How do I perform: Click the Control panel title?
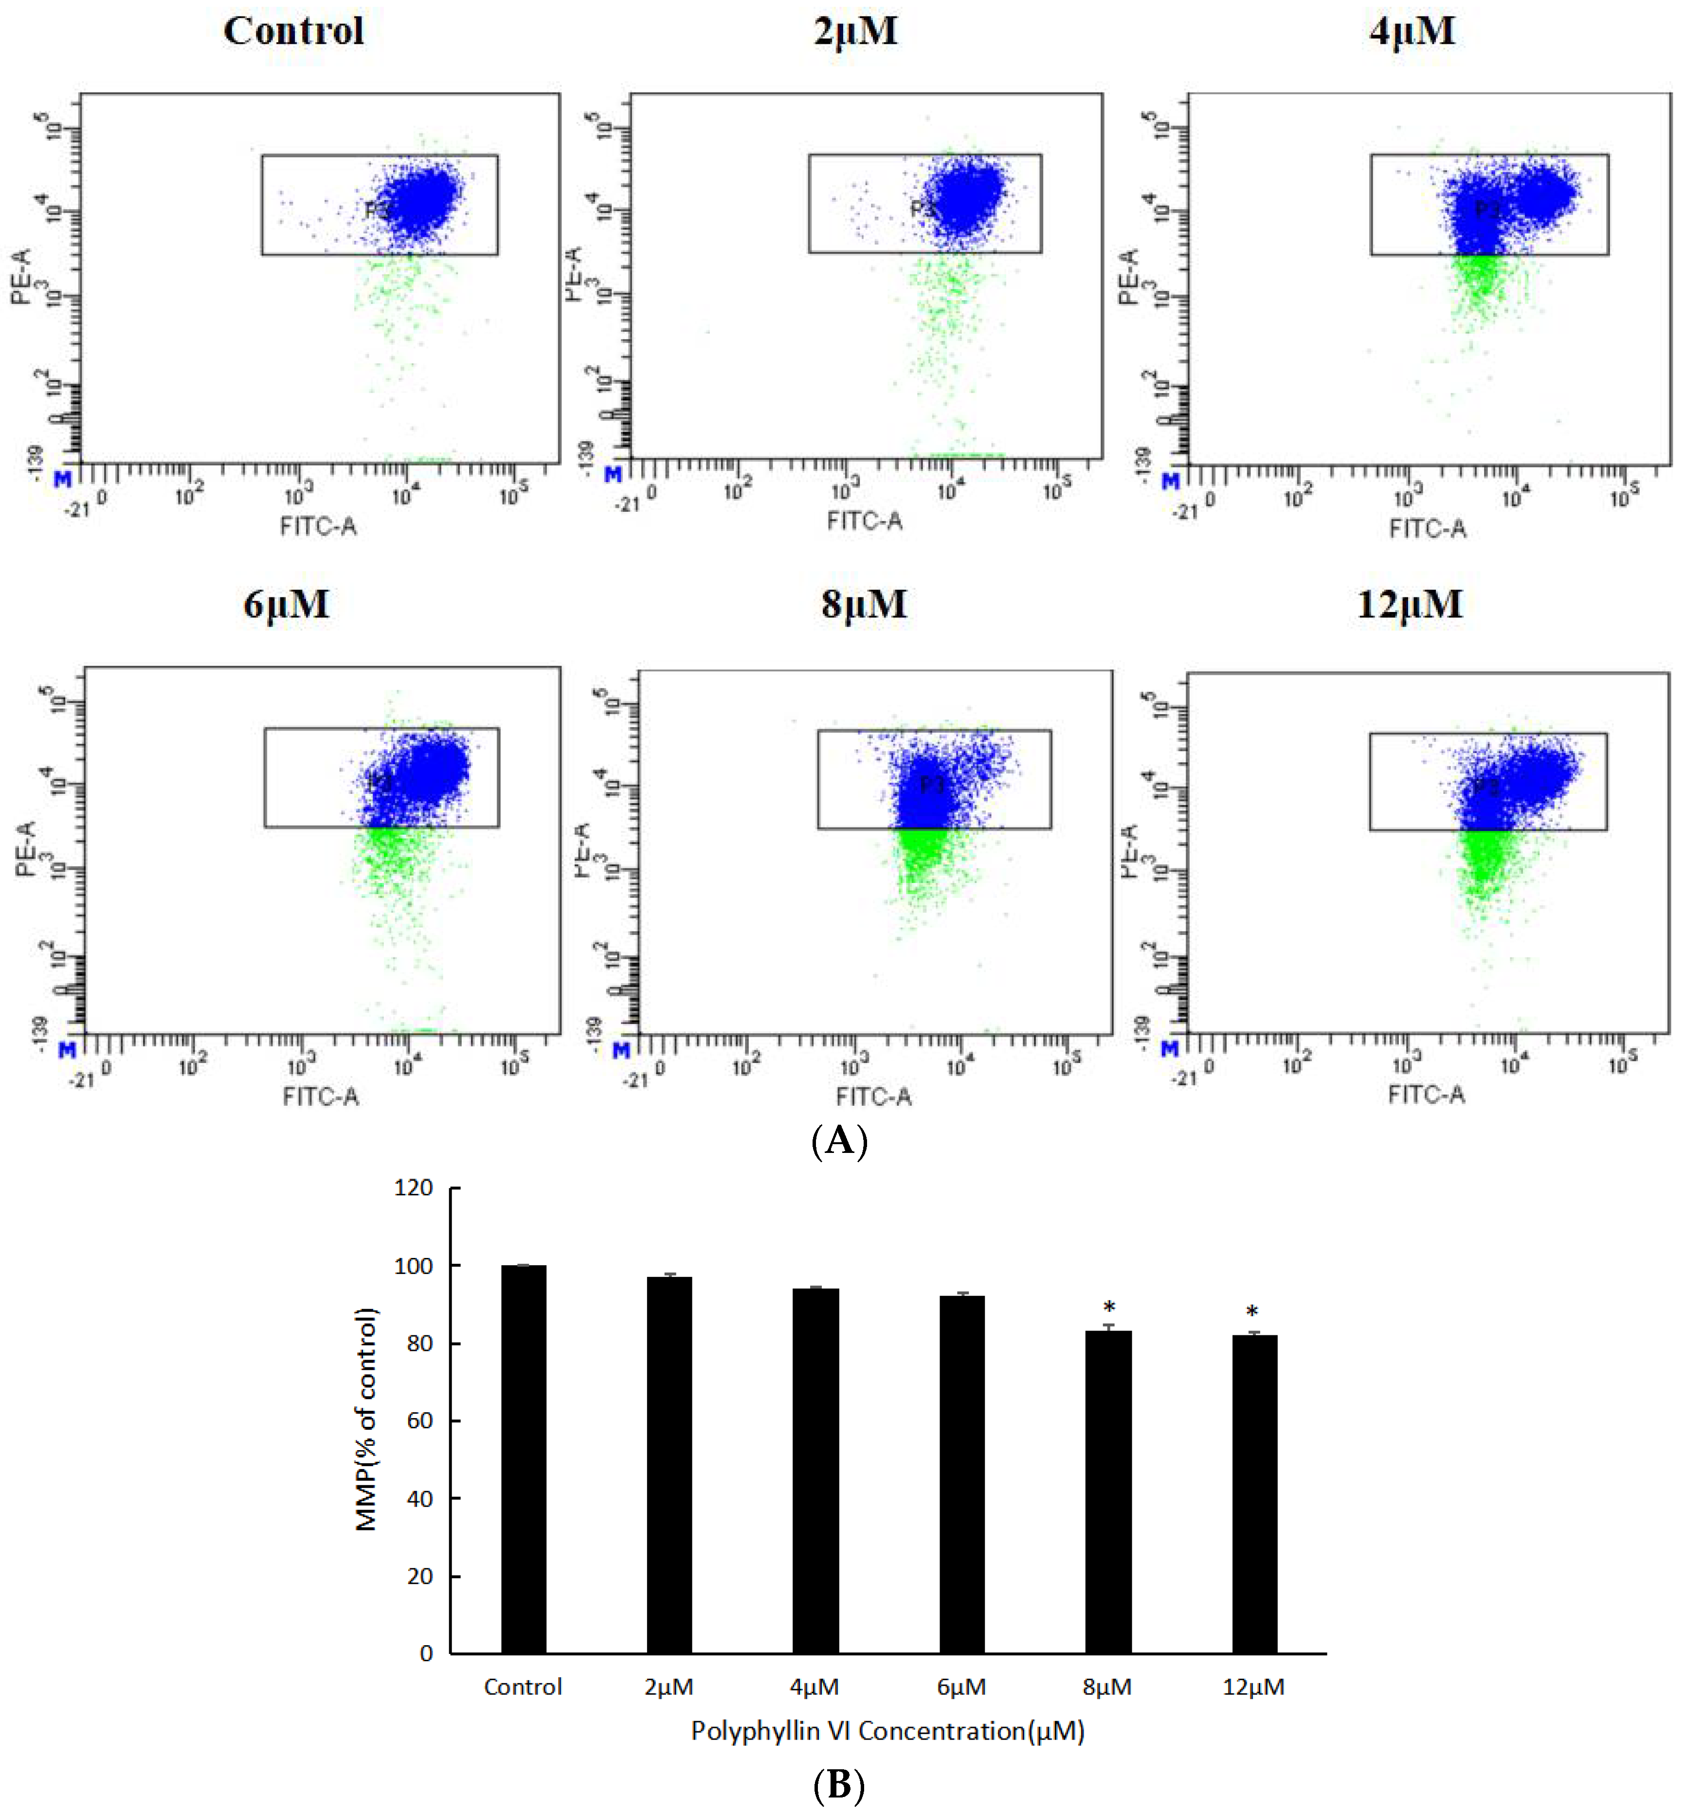point(293,31)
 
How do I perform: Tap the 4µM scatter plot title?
point(1412,31)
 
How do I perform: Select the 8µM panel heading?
point(863,604)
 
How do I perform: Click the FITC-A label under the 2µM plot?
point(864,521)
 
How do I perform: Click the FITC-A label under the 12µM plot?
point(1426,1094)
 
